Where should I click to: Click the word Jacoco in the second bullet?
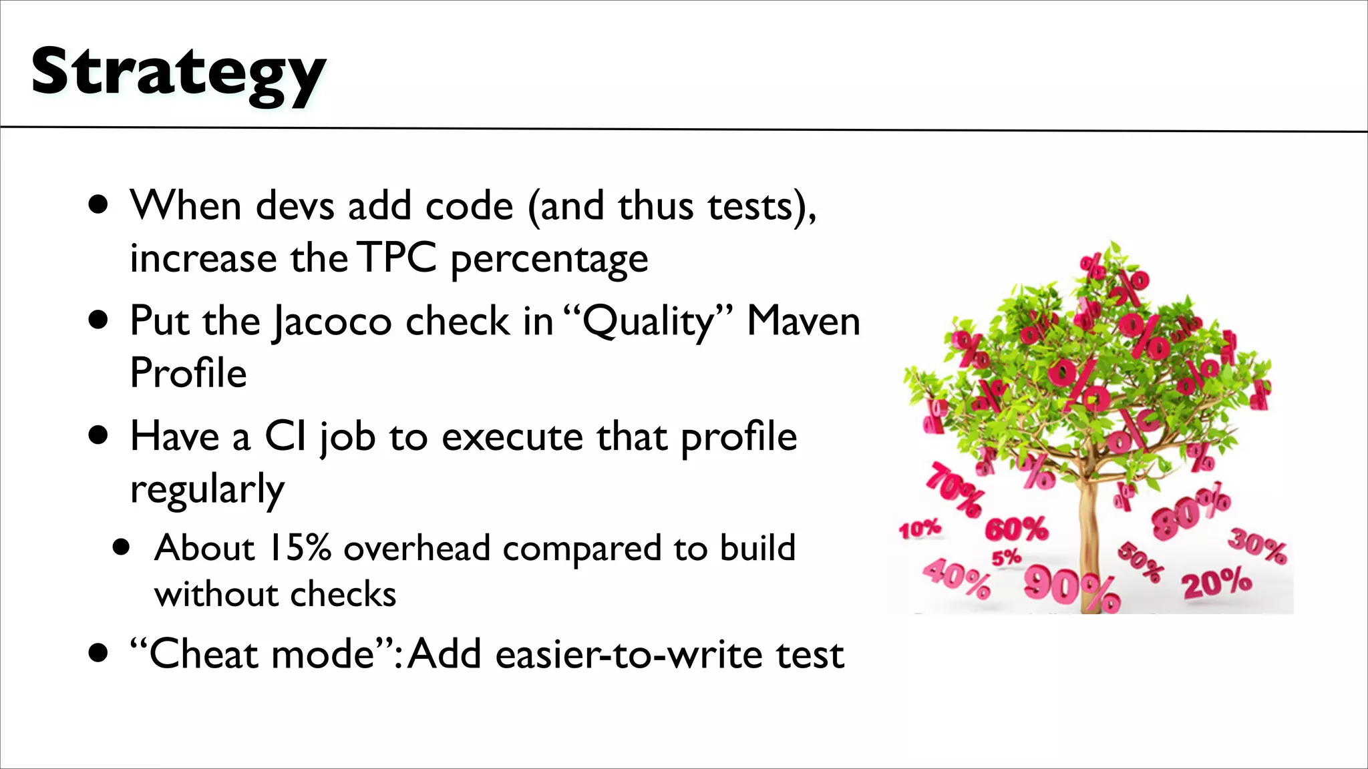[x=332, y=322]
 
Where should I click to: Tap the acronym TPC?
[x=397, y=258]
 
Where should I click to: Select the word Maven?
[x=803, y=321]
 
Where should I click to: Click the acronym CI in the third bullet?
[x=286, y=437]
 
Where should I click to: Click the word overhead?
[x=417, y=548]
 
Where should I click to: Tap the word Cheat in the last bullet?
[x=202, y=654]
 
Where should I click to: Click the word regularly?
[x=207, y=489]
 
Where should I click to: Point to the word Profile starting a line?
[x=188, y=372]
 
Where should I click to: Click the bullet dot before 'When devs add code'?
[x=98, y=205]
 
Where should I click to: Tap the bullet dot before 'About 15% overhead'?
[x=121, y=548]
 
